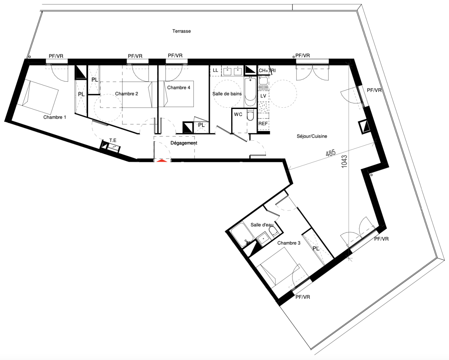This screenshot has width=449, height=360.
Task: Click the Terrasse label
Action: coord(181,31)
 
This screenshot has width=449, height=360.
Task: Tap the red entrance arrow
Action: coord(162,161)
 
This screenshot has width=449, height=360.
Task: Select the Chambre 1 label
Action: coord(55,117)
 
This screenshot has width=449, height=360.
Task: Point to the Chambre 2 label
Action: coord(126,94)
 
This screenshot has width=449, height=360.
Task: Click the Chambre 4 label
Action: coord(178,87)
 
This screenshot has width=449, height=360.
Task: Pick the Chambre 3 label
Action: coord(289,243)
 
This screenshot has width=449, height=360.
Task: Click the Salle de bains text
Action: coord(227,94)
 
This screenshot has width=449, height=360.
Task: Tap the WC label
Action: coord(238,114)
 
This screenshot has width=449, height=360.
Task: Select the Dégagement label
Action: coord(184,143)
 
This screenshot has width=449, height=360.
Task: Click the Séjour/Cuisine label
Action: coord(312,136)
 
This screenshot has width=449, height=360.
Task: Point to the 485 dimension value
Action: coord(331,153)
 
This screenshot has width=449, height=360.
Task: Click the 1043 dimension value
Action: coord(344,161)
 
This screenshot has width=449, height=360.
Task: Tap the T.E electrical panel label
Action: coord(113,140)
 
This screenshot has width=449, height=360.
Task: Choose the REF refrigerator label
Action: coord(263,123)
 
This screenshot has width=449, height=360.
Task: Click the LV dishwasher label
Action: coord(263,96)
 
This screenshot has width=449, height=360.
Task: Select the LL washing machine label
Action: coord(215,70)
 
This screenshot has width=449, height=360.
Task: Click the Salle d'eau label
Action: coord(262,225)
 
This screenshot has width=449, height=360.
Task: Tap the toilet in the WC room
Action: coord(251,116)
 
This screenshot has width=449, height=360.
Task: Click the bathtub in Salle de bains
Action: coord(250,92)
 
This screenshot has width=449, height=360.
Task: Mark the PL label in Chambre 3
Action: coord(316,248)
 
